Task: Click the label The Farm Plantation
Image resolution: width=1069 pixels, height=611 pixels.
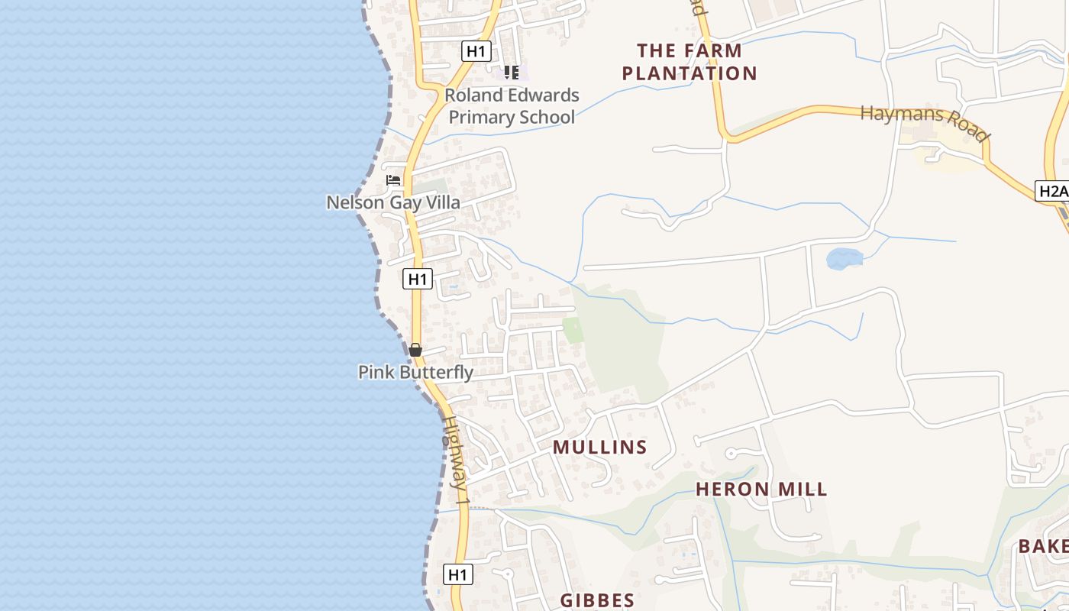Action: pyautogui.click(x=689, y=62)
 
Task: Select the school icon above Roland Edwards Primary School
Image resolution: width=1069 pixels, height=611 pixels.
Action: pyautogui.click(x=511, y=73)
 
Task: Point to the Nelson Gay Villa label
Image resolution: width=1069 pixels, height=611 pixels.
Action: pyautogui.click(x=393, y=202)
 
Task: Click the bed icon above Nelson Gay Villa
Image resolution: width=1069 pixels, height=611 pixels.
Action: pyautogui.click(x=393, y=180)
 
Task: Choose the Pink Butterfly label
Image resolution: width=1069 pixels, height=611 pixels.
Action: pyautogui.click(x=415, y=372)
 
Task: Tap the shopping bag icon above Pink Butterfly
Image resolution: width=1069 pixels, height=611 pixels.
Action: pyautogui.click(x=415, y=350)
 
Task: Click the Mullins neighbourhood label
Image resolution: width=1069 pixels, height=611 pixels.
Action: pyautogui.click(x=599, y=447)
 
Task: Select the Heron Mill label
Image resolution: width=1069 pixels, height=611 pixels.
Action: pyautogui.click(x=761, y=489)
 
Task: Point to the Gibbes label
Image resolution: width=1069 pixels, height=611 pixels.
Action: pyautogui.click(x=597, y=600)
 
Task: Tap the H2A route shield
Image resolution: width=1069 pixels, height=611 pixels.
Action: pyautogui.click(x=1052, y=191)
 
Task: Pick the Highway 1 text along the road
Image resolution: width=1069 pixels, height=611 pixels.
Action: pyautogui.click(x=456, y=462)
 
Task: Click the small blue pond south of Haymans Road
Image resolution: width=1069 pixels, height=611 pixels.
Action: pyautogui.click(x=844, y=258)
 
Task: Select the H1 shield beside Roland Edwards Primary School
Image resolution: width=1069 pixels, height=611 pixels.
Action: pyautogui.click(x=476, y=51)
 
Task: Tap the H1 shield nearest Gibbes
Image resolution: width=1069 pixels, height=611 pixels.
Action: pyautogui.click(x=457, y=574)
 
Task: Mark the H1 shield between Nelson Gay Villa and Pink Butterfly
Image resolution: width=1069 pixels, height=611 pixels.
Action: pyautogui.click(x=418, y=279)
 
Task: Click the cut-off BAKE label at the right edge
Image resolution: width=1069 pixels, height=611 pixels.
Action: pyautogui.click(x=1043, y=546)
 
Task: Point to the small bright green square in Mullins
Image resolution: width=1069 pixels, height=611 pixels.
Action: pyautogui.click(x=573, y=330)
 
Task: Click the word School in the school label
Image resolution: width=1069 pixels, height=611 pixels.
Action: pyautogui.click(x=544, y=117)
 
